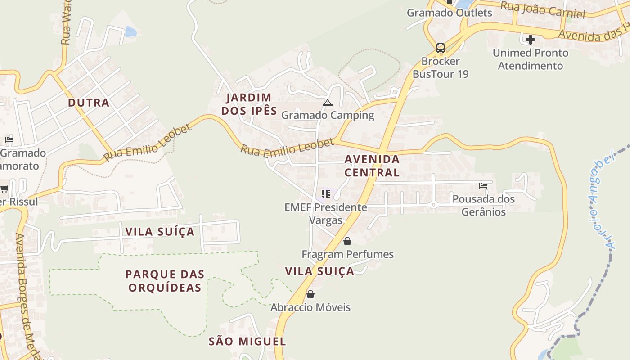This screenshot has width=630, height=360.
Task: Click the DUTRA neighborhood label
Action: pos(89,103)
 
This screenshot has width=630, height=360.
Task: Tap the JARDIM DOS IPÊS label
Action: pos(249,104)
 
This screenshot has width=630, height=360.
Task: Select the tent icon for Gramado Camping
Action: pos(327,103)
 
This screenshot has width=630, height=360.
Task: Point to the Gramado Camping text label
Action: pos(328,115)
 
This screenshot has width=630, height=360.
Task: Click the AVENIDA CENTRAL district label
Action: pos(372,166)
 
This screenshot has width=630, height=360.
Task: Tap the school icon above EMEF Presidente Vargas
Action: pos(326,194)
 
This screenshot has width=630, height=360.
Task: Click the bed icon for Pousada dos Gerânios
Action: pos(483,185)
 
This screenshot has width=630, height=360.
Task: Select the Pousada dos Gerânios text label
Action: pos(484,205)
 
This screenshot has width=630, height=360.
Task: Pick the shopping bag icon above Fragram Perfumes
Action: pos(347,242)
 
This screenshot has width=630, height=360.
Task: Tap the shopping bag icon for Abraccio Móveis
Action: pos(310,295)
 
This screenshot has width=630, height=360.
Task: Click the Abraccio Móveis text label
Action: pos(310,307)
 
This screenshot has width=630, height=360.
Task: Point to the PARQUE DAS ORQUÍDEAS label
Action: pos(165,281)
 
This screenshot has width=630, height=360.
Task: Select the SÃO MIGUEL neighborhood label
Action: pos(247,341)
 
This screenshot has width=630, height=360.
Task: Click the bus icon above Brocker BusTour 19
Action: pos(441,48)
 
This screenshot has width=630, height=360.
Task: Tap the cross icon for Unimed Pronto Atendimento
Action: pos(531,40)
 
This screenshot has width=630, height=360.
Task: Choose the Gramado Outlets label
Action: pos(450,13)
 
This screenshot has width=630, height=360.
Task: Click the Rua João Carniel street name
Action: pos(543,10)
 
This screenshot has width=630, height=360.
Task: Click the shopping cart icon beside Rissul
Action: pos(4,189)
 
